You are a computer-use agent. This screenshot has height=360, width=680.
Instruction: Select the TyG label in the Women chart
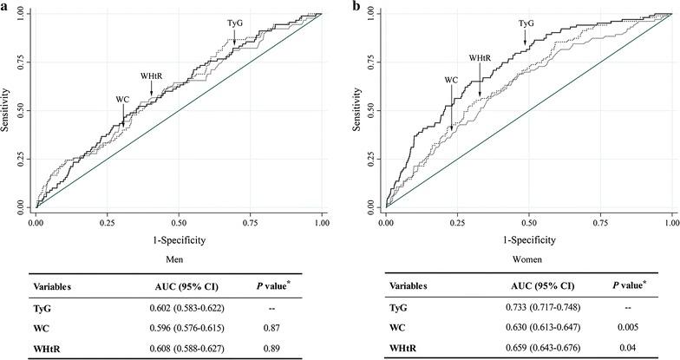click(x=526, y=23)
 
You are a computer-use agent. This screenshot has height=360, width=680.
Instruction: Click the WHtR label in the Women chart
click(x=480, y=58)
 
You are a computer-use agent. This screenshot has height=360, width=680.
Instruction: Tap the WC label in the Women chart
click(x=451, y=80)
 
